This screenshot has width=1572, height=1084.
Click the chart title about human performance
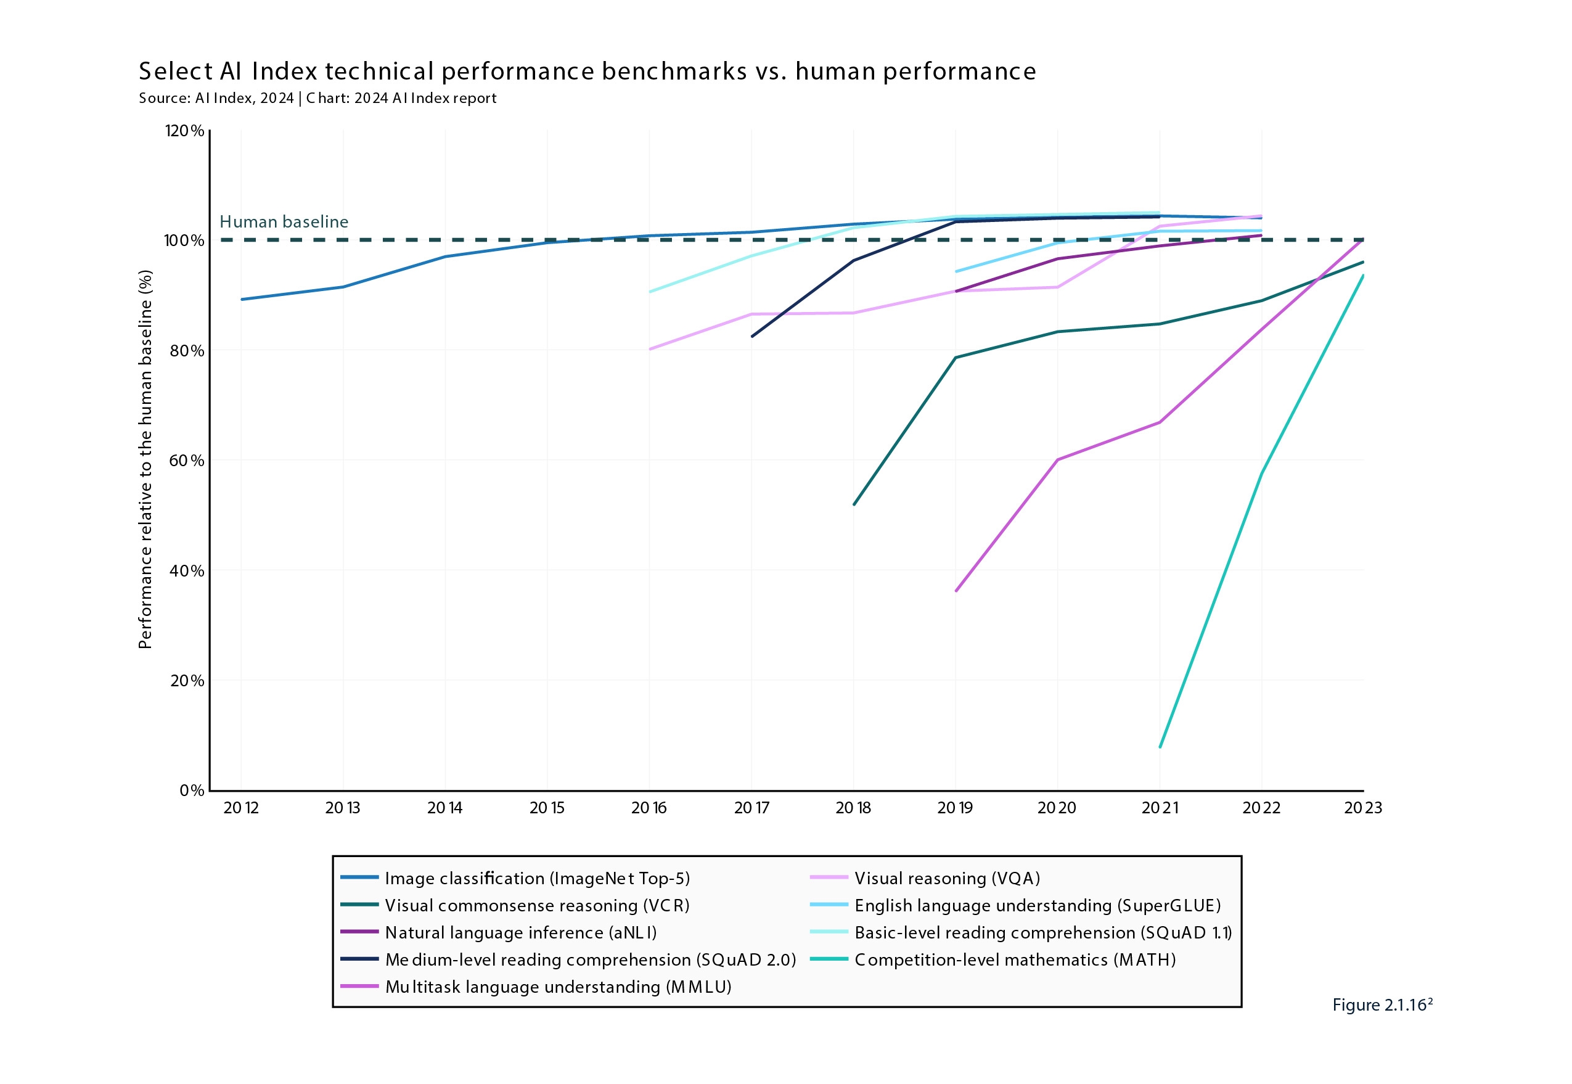[x=587, y=72]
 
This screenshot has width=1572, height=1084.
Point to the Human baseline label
[x=284, y=222]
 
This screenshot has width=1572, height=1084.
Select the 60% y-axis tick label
[x=186, y=461]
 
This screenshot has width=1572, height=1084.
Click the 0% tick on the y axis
[x=192, y=790]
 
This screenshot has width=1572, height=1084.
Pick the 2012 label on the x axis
[x=241, y=808]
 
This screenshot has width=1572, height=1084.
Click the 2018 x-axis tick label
[x=854, y=808]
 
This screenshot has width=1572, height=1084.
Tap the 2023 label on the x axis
[x=1363, y=808]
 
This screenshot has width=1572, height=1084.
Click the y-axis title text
[x=145, y=460]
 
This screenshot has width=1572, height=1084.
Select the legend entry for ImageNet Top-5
[x=536, y=878]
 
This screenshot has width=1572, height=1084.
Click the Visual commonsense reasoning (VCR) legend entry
[x=536, y=905]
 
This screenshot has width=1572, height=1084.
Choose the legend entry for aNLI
[x=520, y=932]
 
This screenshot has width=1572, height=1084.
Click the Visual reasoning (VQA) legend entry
[x=947, y=878]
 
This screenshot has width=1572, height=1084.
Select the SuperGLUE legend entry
[x=1037, y=905]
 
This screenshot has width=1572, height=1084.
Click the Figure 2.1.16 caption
[x=1382, y=1005]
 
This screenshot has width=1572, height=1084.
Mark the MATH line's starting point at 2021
[x=1160, y=747]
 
